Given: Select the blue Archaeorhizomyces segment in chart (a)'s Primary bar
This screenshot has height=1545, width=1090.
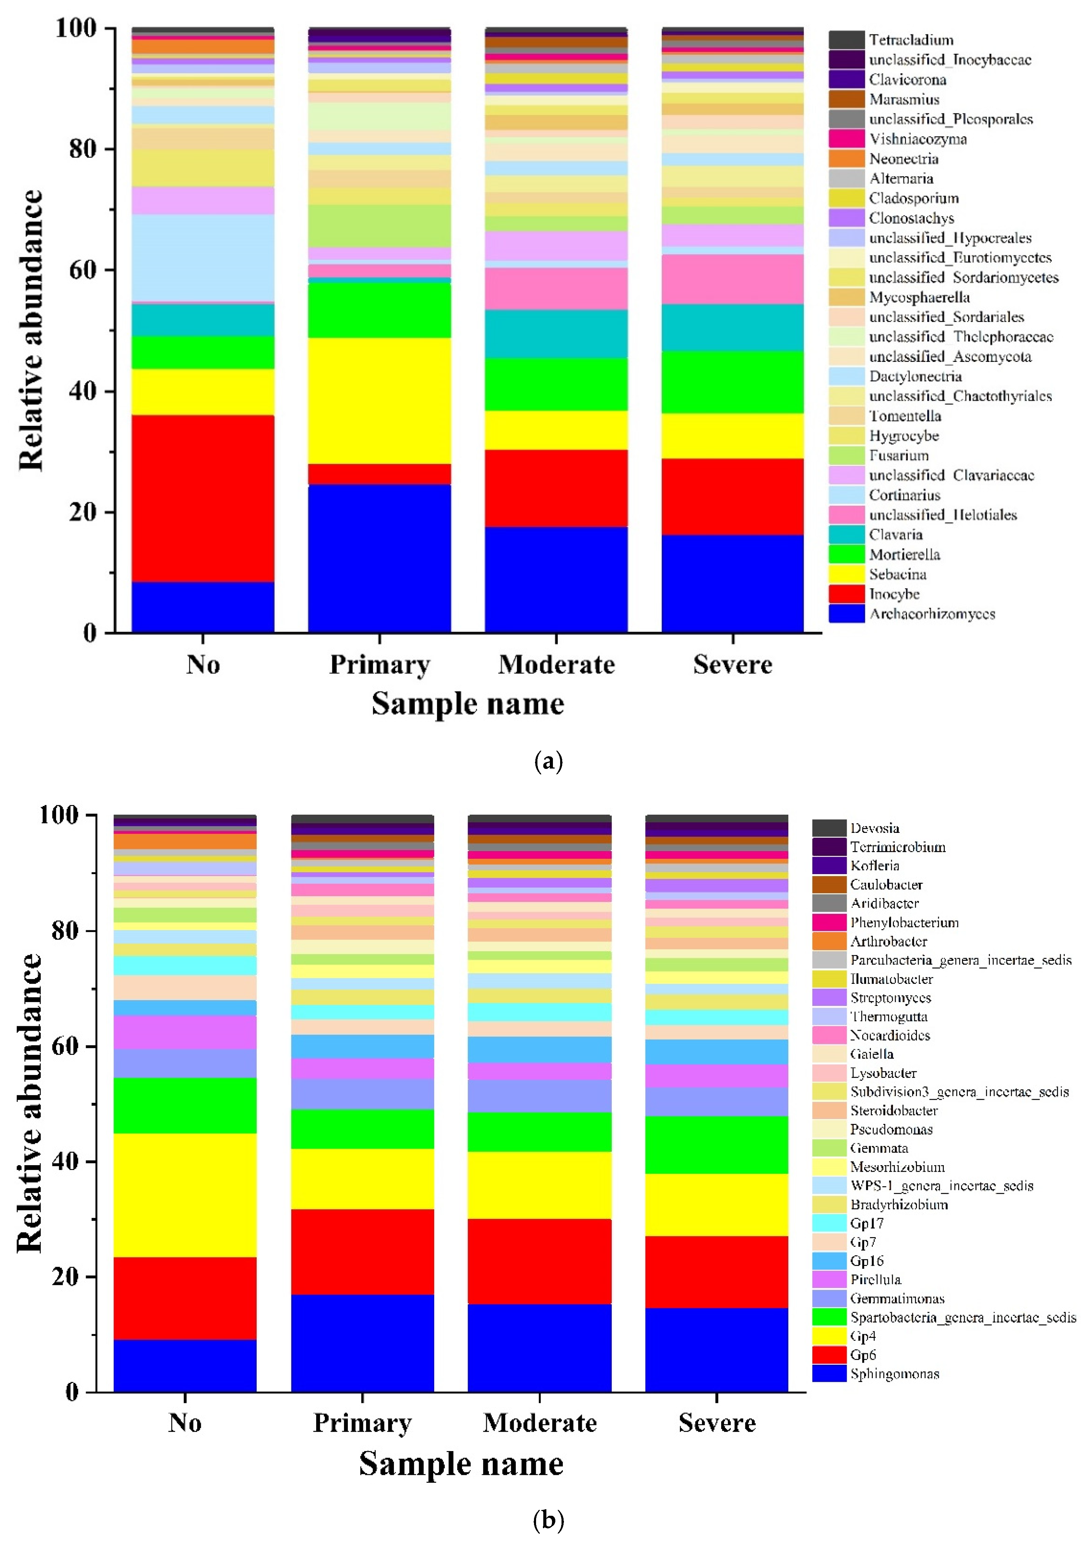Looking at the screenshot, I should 380,558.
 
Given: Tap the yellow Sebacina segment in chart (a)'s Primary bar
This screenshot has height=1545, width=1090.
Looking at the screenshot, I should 380,400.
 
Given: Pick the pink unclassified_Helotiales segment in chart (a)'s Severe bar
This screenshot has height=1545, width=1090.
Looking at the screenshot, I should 733,279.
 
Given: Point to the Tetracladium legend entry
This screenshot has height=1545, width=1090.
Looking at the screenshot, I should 910,40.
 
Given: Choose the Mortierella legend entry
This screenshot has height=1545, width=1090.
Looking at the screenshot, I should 904,555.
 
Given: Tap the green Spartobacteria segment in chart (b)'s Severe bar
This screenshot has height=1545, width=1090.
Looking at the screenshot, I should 717,1145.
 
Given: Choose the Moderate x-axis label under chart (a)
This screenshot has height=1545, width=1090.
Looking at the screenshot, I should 556,665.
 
